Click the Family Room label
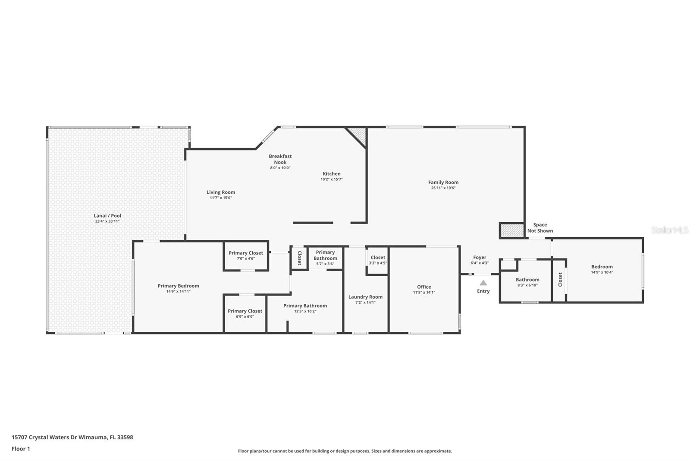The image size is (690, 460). coord(443,183)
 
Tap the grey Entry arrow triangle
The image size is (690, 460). coord(483,283)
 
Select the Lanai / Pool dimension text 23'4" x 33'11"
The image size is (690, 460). coord(107,221)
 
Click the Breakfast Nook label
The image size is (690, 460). coord(280,159)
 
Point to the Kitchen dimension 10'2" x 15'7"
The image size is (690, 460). coord(332,179)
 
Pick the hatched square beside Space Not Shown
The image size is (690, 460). coord(511,230)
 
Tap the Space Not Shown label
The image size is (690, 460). coord(540,227)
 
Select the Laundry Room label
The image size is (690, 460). coord(365,297)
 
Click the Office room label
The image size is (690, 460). coord(424,287)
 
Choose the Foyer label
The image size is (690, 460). coord(480,258)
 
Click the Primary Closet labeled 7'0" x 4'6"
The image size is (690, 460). coord(246,253)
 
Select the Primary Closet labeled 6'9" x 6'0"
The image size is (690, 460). coord(245,311)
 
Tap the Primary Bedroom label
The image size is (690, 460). coord(179,286)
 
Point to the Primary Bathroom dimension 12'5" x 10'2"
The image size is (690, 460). coord(305,311)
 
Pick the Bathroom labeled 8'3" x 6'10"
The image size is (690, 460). coord(527,280)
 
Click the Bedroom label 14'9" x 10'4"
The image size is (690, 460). coord(602,267)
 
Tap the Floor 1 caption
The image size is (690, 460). coord(21,449)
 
